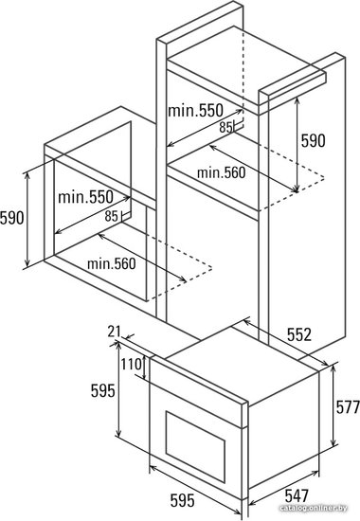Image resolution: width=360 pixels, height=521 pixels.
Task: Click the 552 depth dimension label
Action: pyautogui.click(x=299, y=334)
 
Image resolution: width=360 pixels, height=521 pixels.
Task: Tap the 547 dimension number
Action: pyautogui.click(x=297, y=495)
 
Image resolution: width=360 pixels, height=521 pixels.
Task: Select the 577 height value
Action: pyautogui.click(x=348, y=406)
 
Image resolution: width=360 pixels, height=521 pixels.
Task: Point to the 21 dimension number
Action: pyautogui.click(x=115, y=332)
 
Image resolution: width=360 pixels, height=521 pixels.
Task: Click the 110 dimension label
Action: pyautogui.click(x=131, y=365)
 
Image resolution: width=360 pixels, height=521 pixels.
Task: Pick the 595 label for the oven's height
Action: pyautogui.click(x=103, y=390)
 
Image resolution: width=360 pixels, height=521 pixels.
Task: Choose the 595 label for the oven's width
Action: pyautogui.click(x=183, y=501)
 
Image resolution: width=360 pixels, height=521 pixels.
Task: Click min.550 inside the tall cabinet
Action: pyautogui.click(x=195, y=111)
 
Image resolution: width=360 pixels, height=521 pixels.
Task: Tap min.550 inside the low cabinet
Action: pyautogui.click(x=85, y=197)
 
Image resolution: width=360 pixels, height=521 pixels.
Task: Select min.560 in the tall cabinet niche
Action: pyautogui.click(x=221, y=172)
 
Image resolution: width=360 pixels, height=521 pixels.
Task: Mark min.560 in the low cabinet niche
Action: pyautogui.click(x=112, y=264)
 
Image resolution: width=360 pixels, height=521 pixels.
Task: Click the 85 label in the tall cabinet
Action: pyautogui.click(x=225, y=127)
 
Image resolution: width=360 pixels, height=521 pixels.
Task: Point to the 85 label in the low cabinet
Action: pyautogui.click(x=112, y=216)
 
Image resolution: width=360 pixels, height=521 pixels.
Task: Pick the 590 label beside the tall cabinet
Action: pyautogui.click(x=314, y=140)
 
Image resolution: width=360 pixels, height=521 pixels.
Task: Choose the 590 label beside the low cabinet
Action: pyautogui.click(x=12, y=218)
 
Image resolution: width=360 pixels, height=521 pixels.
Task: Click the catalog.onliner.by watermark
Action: pyautogui.click(x=314, y=509)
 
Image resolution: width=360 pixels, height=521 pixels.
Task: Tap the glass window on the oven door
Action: pyautogui.click(x=195, y=446)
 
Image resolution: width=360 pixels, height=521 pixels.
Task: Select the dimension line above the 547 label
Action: pyautogui.click(x=284, y=486)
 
